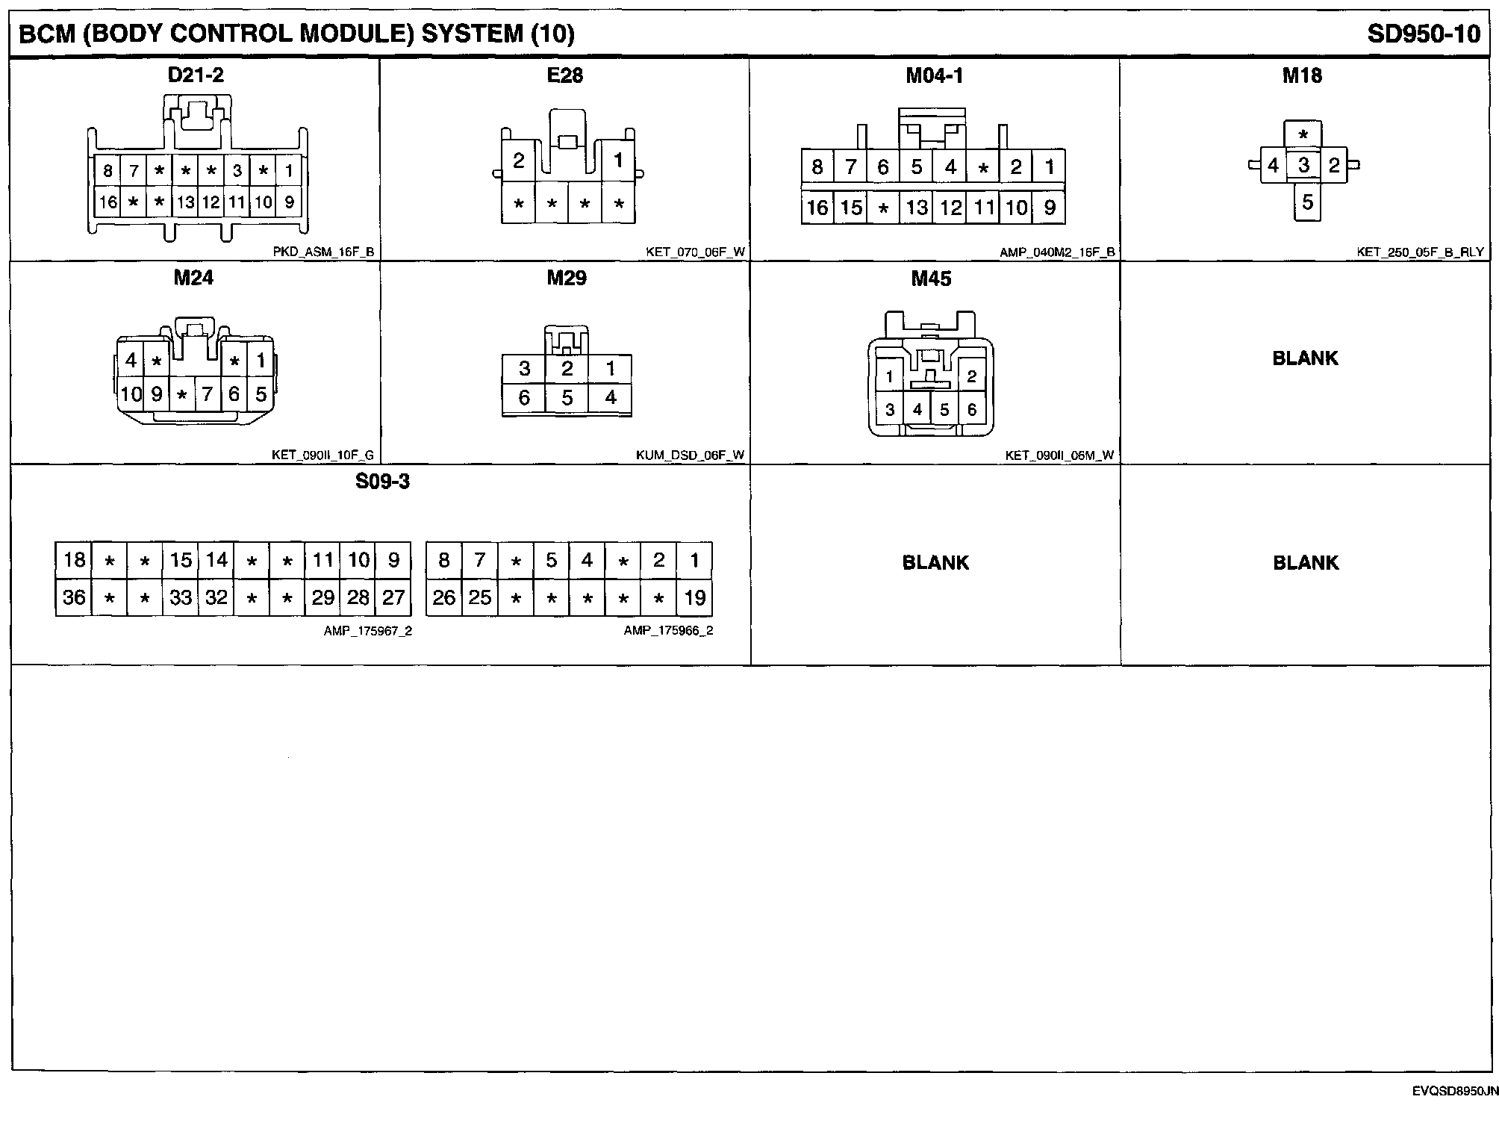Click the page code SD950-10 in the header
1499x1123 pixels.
pos(1423,34)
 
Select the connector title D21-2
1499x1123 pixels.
pos(196,75)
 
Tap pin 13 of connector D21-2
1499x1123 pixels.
pos(185,202)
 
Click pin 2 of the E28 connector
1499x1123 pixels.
pos(519,161)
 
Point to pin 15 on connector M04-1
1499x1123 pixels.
pos(851,208)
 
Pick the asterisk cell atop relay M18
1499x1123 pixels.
pos(1303,136)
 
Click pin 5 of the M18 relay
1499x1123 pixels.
pos(1307,202)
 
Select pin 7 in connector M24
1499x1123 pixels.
pos(208,393)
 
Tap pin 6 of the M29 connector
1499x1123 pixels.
pos(524,398)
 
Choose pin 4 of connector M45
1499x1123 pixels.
pos(917,409)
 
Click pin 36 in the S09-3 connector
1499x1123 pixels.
pos(74,597)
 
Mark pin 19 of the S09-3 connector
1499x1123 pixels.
pos(694,597)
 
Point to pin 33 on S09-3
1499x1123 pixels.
pos(181,597)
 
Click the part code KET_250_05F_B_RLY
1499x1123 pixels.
pos(1420,252)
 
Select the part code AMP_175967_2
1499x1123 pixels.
pos(367,631)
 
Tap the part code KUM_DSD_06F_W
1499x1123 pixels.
pos(690,455)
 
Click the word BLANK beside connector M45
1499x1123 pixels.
pos(1305,358)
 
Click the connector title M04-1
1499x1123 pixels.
pos(934,75)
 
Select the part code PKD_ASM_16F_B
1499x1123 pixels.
pos(323,252)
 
